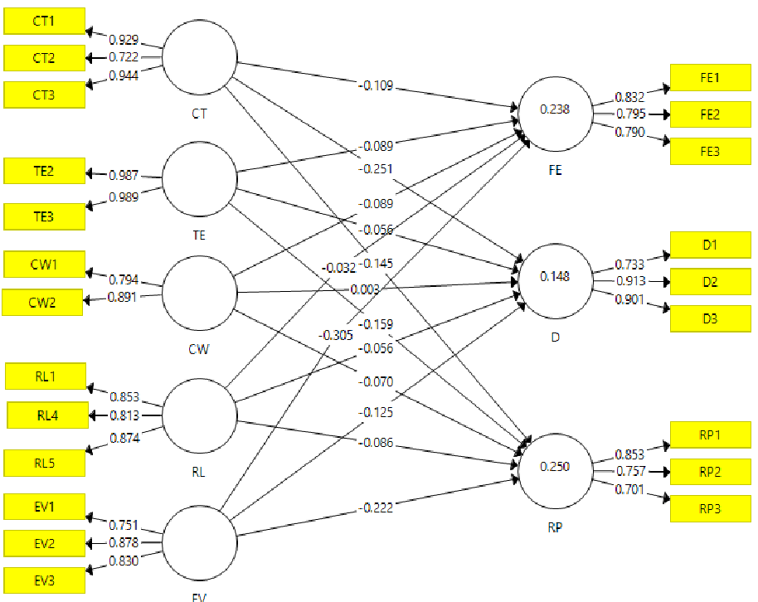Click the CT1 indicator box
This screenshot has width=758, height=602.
tap(45, 22)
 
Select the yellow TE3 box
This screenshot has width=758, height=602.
tap(45, 216)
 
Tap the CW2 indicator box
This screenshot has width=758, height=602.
tap(42, 303)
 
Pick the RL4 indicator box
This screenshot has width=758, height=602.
tap(48, 415)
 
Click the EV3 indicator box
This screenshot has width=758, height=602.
tap(45, 580)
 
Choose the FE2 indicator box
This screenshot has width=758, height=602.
tap(711, 114)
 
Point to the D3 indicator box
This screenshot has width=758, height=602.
tap(711, 318)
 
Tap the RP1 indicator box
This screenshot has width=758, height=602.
tap(711, 435)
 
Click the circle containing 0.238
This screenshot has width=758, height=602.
tap(556, 114)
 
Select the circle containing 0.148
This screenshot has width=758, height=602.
tap(556, 281)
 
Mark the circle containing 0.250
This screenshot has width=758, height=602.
tap(556, 471)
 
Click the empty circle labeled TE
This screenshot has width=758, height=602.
tap(200, 179)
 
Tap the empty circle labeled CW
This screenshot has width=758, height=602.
tap(200, 293)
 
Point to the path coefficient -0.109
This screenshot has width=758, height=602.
tap(376, 85)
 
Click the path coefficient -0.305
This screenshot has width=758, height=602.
tap(336, 335)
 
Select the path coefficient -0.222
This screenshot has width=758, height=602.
tap(376, 507)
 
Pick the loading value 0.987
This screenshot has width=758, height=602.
tap(124, 175)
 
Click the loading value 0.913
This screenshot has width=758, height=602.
tap(631, 281)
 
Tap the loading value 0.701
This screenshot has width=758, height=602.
tap(629, 489)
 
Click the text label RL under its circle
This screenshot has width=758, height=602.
tap(199, 472)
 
